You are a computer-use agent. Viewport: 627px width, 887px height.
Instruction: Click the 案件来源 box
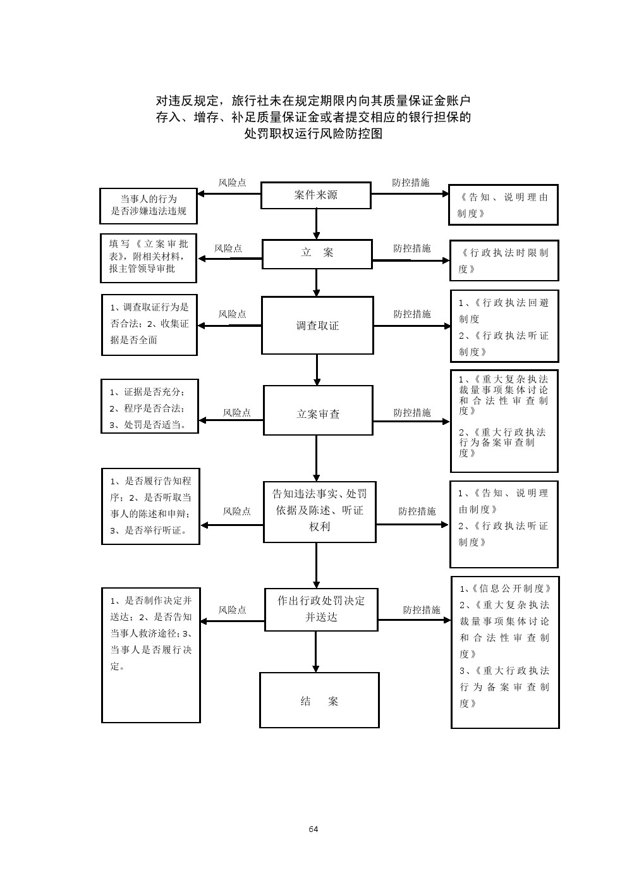click(x=315, y=195)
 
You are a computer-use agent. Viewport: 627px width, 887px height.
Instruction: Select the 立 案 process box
click(x=317, y=253)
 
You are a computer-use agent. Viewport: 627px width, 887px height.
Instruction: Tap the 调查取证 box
click(x=317, y=326)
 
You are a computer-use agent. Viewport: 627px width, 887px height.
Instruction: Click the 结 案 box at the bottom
click(x=319, y=700)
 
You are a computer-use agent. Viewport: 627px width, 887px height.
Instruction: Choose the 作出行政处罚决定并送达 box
click(x=321, y=608)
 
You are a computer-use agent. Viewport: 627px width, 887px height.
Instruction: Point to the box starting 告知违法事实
click(x=319, y=511)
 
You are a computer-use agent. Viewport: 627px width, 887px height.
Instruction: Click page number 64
click(x=313, y=829)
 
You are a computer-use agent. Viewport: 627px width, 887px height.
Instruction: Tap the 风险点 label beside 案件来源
click(x=232, y=183)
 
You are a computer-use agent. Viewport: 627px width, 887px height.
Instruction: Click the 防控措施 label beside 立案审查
click(x=411, y=413)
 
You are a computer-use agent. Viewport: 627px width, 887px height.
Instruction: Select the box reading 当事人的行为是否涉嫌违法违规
click(x=149, y=205)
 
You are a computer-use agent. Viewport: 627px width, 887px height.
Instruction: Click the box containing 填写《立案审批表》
click(x=149, y=258)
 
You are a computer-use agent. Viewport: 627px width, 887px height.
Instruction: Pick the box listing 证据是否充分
click(x=150, y=407)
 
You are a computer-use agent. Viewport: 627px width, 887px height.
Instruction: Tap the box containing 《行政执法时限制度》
click(x=504, y=260)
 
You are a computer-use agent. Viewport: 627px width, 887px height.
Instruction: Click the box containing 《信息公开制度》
click(x=504, y=652)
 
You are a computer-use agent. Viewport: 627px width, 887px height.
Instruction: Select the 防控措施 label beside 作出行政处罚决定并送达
click(x=422, y=610)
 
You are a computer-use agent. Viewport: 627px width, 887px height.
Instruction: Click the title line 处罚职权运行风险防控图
click(x=313, y=133)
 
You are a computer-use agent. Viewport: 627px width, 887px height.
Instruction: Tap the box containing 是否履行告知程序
click(x=150, y=506)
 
